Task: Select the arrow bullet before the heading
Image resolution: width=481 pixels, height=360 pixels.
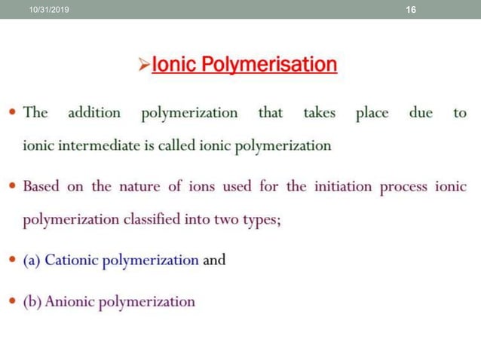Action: [x=146, y=66]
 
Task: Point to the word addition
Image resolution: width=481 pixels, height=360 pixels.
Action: [x=94, y=113]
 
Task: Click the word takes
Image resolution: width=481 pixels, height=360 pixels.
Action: [x=320, y=113]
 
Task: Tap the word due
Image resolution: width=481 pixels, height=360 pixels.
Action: [x=421, y=113]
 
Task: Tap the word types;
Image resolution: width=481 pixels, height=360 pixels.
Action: [x=259, y=220]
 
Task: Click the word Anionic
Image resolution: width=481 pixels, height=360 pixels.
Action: [x=74, y=301]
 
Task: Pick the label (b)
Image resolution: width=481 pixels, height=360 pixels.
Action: [x=33, y=301]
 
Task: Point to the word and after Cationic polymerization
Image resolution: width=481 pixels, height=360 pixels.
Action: [x=214, y=261]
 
